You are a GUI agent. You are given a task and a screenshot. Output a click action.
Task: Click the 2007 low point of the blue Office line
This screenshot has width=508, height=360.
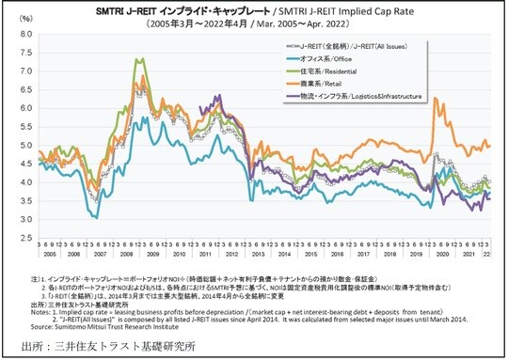(x=95, y=217)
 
